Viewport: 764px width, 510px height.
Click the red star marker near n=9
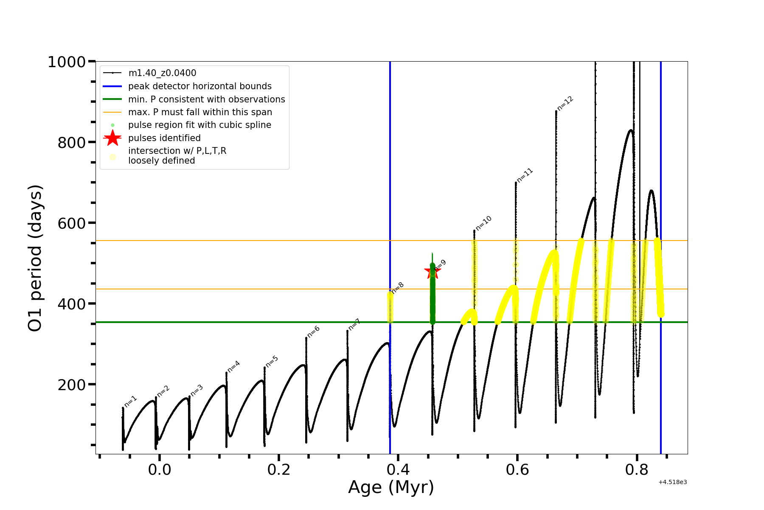(x=432, y=271)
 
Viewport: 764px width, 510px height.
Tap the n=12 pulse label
(x=565, y=103)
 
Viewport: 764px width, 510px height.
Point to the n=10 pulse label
(x=483, y=223)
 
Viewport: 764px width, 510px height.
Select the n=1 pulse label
(x=130, y=402)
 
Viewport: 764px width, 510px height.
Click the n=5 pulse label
(x=272, y=361)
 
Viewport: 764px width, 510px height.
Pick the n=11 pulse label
(x=525, y=176)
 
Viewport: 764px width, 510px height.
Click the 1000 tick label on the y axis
(x=67, y=62)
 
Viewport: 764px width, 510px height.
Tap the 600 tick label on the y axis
(x=72, y=223)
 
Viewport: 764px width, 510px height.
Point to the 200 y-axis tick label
(x=72, y=385)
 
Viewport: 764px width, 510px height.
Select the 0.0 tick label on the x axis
(x=160, y=470)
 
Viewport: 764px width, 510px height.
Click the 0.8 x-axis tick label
(x=637, y=470)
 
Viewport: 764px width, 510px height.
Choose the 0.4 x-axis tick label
(x=398, y=470)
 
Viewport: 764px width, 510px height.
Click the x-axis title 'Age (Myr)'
(x=391, y=487)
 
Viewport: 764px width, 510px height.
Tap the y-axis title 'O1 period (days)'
(x=35, y=258)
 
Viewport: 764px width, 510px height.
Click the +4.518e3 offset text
(x=672, y=482)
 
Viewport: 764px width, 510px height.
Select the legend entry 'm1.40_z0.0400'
(x=162, y=73)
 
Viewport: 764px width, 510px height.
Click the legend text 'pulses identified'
(x=164, y=138)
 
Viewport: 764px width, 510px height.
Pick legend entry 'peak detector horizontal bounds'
(x=199, y=86)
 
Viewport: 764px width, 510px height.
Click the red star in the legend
(x=112, y=138)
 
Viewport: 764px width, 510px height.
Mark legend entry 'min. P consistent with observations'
(x=206, y=99)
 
